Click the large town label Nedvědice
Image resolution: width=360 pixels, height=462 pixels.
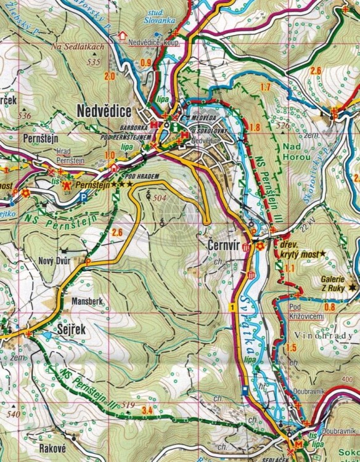point(105,110)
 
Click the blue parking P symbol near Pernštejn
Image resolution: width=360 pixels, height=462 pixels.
point(83,197)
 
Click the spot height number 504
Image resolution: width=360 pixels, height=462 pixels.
point(158,198)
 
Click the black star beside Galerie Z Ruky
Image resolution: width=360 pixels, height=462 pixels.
point(351,286)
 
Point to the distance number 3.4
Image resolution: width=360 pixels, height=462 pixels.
point(147,410)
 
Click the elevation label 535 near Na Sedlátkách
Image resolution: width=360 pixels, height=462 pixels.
point(94,62)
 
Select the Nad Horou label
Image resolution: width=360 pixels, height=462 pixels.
point(297,152)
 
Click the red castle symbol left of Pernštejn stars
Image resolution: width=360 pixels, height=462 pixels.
point(67,184)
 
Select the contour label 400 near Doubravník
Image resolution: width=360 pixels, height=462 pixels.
point(351,380)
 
